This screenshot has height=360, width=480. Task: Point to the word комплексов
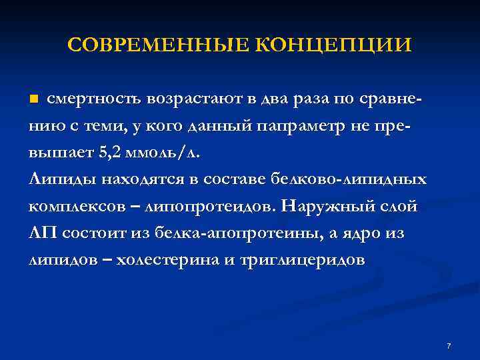pos(72,205)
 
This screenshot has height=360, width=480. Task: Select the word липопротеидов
pos(207,205)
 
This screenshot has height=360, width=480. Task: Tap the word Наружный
pos(325,205)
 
